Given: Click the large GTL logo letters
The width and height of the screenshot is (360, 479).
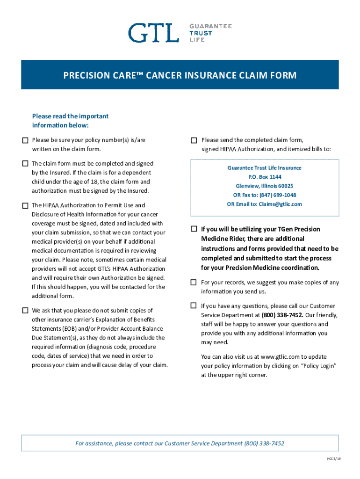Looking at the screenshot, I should click(154, 33).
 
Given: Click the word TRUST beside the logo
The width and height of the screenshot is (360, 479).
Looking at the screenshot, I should click(200, 33).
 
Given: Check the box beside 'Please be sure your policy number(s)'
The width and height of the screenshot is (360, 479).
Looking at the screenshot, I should click(25, 140).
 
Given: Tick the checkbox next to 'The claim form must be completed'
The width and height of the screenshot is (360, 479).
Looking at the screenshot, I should click(25, 163).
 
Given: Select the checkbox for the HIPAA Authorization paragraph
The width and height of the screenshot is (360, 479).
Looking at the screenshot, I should click(25, 205).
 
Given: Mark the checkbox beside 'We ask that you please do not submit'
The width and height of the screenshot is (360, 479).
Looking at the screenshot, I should click(25, 310).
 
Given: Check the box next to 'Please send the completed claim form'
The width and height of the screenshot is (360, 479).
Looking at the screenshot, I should click(194, 140).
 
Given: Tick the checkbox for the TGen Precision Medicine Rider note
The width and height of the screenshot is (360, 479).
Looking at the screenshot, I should click(194, 229).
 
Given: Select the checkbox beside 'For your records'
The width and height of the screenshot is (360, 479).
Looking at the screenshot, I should click(194, 283).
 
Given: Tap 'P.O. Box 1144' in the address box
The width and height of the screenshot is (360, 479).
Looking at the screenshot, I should click(265, 177).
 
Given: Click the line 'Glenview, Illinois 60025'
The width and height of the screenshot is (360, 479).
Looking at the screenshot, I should click(264, 186).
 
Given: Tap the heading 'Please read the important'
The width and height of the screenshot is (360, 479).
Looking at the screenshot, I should click(70, 116).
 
